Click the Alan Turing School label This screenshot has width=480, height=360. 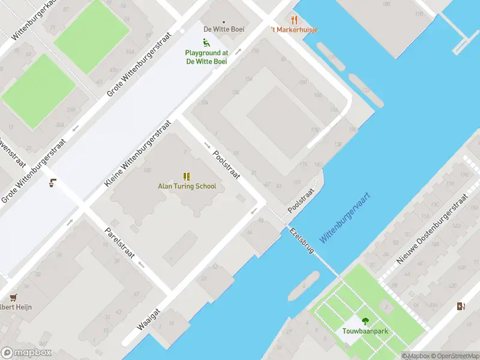point(187,186)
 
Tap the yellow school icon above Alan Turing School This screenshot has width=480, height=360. point(187,176)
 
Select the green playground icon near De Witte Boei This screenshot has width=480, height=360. point(206,43)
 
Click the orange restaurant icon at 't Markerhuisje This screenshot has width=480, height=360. point(294,20)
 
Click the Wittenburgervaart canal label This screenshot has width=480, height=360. point(344,217)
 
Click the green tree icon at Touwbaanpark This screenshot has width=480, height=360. point(365,321)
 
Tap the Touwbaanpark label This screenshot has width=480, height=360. point(365,331)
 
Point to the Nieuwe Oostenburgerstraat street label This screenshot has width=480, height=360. point(431,229)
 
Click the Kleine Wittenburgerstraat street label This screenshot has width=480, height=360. point(138,153)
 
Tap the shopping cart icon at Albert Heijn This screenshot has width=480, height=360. point(13,297)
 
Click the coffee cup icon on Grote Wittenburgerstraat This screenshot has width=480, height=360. point(53,183)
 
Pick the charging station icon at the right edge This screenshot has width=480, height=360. point(460,307)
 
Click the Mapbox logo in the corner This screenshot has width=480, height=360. point(26,353)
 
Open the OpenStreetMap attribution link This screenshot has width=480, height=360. point(454,356)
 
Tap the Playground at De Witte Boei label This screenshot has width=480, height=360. point(206,57)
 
